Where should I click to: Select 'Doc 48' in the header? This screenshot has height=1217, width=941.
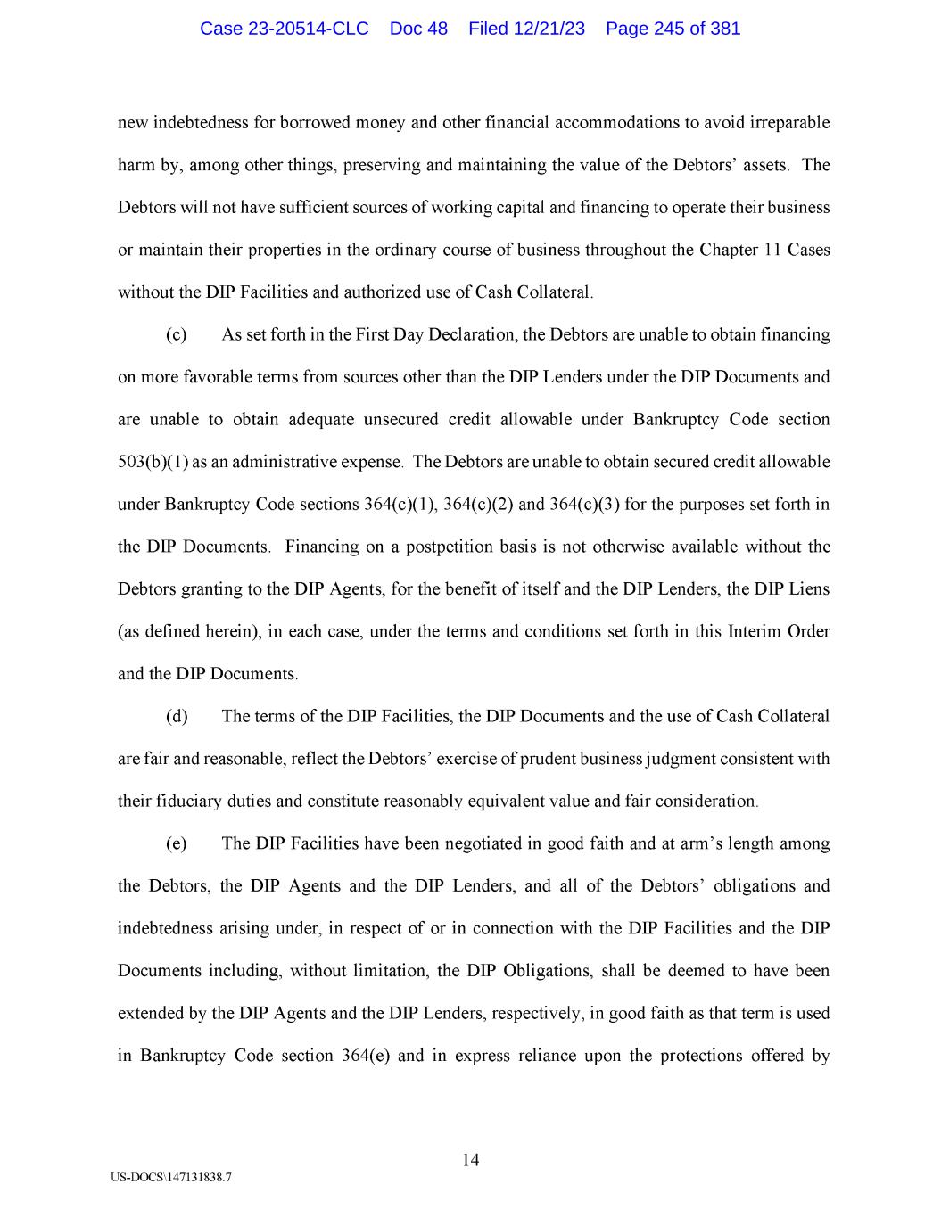tap(418, 29)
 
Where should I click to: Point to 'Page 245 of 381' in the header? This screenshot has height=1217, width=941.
tap(673, 29)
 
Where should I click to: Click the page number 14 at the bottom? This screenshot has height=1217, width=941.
tap(471, 1160)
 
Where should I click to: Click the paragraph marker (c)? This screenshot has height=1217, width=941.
tap(176, 335)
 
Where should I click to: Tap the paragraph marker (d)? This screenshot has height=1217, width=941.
tap(177, 717)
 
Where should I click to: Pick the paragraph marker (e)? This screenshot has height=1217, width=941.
tap(176, 844)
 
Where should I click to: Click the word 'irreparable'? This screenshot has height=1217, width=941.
tap(786, 123)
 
